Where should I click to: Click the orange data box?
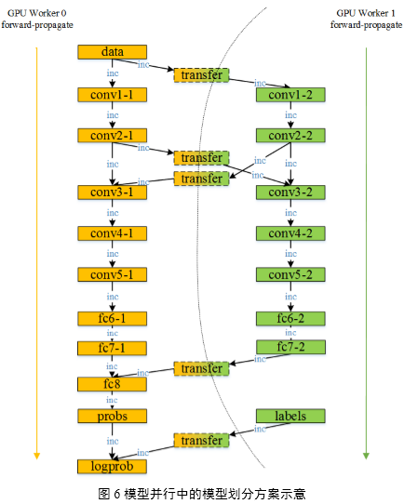pyautogui.click(x=113, y=52)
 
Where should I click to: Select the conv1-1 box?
pyautogui.click(x=113, y=95)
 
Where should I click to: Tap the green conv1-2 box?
pyautogui.click(x=290, y=95)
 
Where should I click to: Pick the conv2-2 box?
pyautogui.click(x=290, y=136)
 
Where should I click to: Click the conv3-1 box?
pyautogui.click(x=113, y=192)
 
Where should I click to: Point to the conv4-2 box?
pyautogui.click(x=290, y=233)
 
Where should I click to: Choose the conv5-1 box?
pyautogui.click(x=113, y=274)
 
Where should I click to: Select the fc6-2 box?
pyautogui.click(x=290, y=319)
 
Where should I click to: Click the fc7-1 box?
pyautogui.click(x=113, y=348)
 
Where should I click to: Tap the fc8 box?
pyautogui.click(x=113, y=384)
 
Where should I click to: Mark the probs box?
pyautogui.click(x=113, y=417)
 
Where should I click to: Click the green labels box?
pyautogui.click(x=290, y=416)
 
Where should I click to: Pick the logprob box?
pyautogui.click(x=113, y=467)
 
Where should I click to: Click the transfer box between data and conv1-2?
pyautogui.click(x=202, y=75)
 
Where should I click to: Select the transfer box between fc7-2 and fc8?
pyautogui.click(x=202, y=368)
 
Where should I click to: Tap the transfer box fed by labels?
pyautogui.click(x=202, y=441)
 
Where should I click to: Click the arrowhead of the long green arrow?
pyautogui.click(x=366, y=456)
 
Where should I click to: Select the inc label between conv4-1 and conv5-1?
pyautogui.click(x=113, y=254)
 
